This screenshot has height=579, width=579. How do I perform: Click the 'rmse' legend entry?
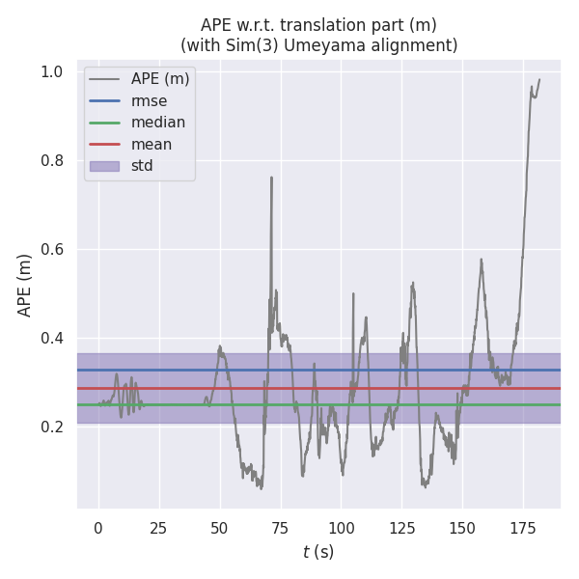point(149,100)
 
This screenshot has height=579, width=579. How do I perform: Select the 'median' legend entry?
point(158,123)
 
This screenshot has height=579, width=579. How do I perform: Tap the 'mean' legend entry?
point(152,144)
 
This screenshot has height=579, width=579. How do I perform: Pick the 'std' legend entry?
point(142,166)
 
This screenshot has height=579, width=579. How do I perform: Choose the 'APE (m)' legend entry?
point(159,79)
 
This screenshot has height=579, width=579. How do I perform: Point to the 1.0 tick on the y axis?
point(51,71)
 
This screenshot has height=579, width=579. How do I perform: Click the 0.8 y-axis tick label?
point(51,160)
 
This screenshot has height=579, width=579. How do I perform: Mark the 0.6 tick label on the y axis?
point(51,249)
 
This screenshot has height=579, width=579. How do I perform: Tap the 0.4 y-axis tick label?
point(51,338)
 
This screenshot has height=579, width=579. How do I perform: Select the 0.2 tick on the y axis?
point(51,427)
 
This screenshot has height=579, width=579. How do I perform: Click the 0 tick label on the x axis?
point(97,528)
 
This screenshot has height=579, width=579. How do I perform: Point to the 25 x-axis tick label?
point(158,528)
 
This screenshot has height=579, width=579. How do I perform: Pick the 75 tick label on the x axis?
point(280,528)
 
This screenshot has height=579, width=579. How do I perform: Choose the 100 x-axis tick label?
point(341,528)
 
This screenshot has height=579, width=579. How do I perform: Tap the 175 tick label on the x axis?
point(523,528)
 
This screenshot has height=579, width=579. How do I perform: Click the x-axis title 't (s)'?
point(318,552)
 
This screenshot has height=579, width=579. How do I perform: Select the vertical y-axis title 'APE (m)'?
point(25,285)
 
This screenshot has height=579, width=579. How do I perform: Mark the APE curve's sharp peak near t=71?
point(271,178)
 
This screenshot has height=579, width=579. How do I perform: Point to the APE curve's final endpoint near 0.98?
point(539,79)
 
